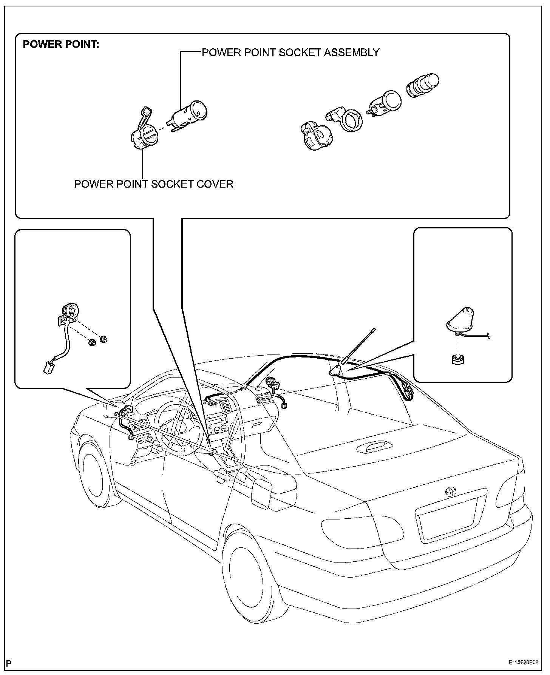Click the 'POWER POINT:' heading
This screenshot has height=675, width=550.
pos(61,45)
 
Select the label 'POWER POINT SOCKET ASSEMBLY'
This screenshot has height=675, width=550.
pos(290,52)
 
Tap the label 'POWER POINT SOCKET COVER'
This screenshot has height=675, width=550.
pos(153,184)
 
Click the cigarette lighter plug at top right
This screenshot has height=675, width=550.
pos(423,85)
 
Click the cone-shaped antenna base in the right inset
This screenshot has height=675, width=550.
pos(461,319)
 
